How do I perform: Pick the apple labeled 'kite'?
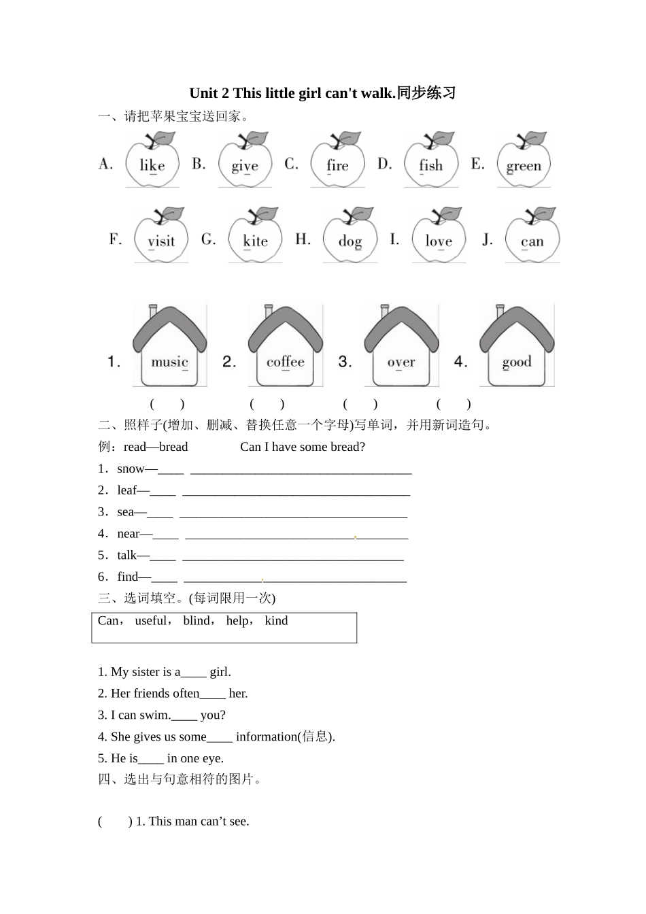point(255,237)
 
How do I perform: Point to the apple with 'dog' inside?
point(350,237)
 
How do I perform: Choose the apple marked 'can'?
point(532,237)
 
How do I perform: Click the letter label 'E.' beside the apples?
point(477,164)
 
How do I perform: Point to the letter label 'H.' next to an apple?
point(303,239)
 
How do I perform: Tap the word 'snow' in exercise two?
point(131,469)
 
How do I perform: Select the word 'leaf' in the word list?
point(127,490)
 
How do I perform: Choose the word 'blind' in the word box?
point(197,620)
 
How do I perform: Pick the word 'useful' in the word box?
point(150,620)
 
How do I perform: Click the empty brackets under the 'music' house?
point(167,404)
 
